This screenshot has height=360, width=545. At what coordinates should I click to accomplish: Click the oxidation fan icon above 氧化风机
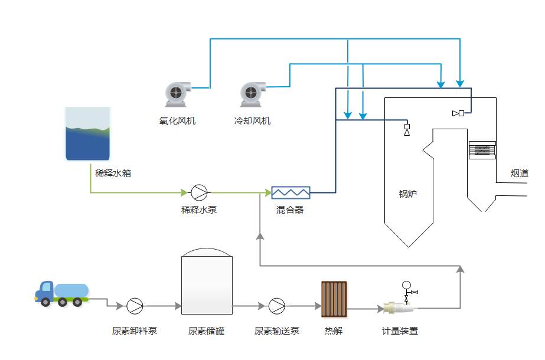tap(178, 93)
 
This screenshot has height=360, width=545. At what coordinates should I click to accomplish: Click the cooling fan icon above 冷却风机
tap(252, 93)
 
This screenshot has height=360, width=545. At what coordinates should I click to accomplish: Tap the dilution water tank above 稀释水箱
tap(88, 135)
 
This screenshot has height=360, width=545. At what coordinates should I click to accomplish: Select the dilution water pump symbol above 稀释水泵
tap(199, 192)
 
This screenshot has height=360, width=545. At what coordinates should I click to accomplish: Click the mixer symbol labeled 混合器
tap(291, 192)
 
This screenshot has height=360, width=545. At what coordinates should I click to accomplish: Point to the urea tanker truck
tap(62, 293)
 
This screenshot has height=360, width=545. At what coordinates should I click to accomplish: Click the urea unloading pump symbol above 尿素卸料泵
tap(135, 306)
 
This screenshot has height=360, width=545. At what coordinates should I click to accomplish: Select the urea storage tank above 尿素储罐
tap(207, 283)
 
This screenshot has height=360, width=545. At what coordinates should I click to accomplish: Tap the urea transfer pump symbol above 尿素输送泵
tap(276, 306)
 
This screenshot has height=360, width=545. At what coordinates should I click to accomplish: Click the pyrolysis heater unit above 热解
tap(334, 300)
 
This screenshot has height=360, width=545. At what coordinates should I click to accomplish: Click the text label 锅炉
tap(407, 194)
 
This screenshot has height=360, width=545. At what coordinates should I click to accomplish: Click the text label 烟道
tap(520, 174)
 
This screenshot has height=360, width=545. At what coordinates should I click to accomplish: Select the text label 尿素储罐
tap(206, 330)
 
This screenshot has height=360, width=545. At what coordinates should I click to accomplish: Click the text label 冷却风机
tap(252, 121)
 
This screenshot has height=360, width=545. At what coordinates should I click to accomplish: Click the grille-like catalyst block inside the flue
tap(482, 150)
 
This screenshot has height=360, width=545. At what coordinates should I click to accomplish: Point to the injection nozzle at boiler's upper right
tap(458, 113)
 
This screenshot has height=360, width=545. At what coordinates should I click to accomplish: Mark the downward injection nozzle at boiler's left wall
tap(407, 130)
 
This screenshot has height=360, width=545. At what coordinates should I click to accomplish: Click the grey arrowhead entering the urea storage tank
tap(178, 306)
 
